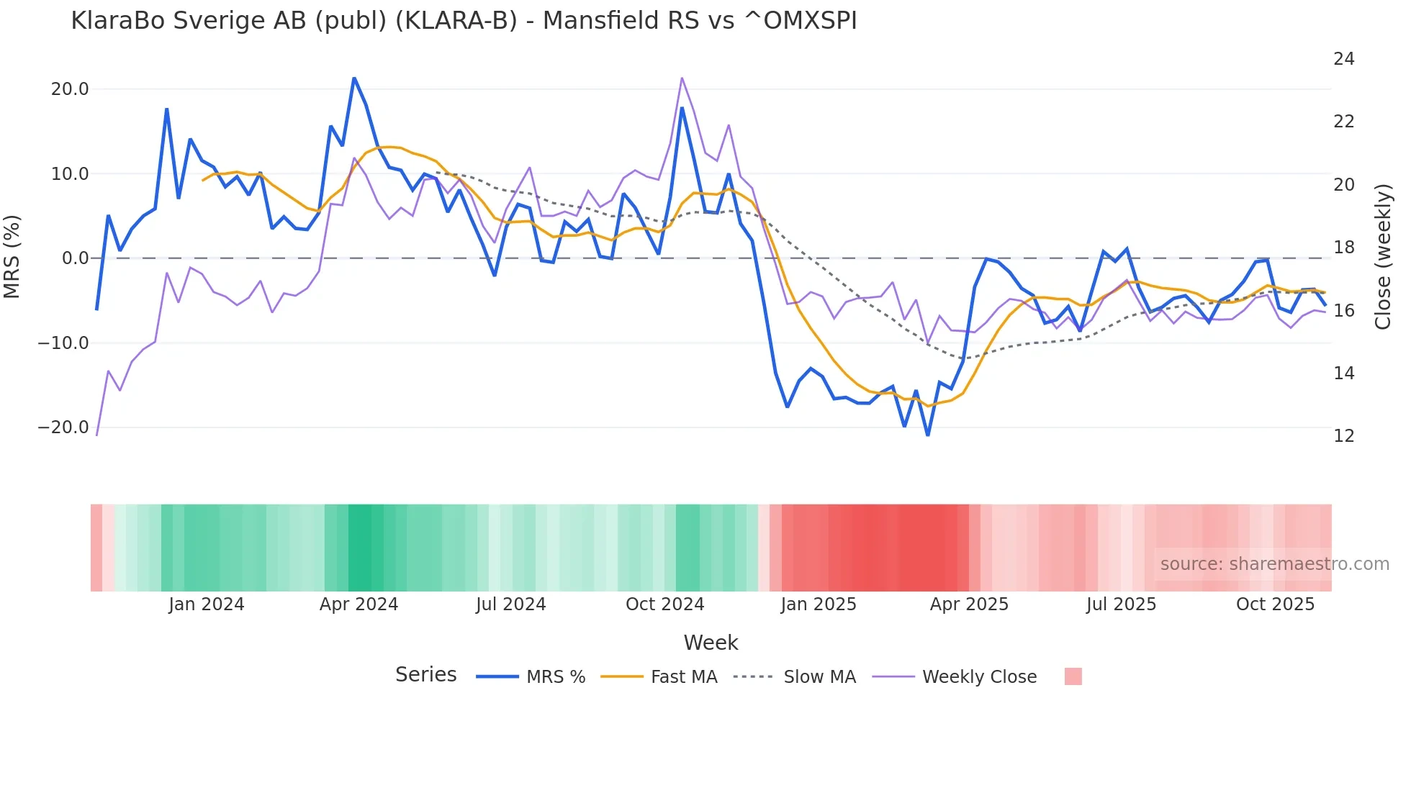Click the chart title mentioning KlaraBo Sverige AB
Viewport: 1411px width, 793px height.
pos(464,21)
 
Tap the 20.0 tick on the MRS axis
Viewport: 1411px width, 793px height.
pos(70,89)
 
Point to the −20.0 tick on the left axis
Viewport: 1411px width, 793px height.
pos(63,427)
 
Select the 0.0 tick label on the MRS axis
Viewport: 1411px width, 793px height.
pos(76,258)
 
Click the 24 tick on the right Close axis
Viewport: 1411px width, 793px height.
pos(1343,59)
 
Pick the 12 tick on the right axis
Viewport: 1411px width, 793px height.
pos(1343,436)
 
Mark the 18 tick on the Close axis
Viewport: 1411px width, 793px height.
pos(1343,248)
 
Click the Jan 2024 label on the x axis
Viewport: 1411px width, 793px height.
pos(207,604)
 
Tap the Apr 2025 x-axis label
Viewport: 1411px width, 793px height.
pos(969,604)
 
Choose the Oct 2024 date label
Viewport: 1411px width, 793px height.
pos(664,604)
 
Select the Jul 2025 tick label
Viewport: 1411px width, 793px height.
pos(1121,604)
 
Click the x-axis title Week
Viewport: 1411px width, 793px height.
pos(711,643)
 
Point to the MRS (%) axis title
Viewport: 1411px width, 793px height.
pos(12,257)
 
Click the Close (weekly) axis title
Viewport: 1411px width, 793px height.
pos(1383,257)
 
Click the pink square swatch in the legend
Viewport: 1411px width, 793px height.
pos(1073,676)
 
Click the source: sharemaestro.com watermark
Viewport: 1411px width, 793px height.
pos(1274,564)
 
